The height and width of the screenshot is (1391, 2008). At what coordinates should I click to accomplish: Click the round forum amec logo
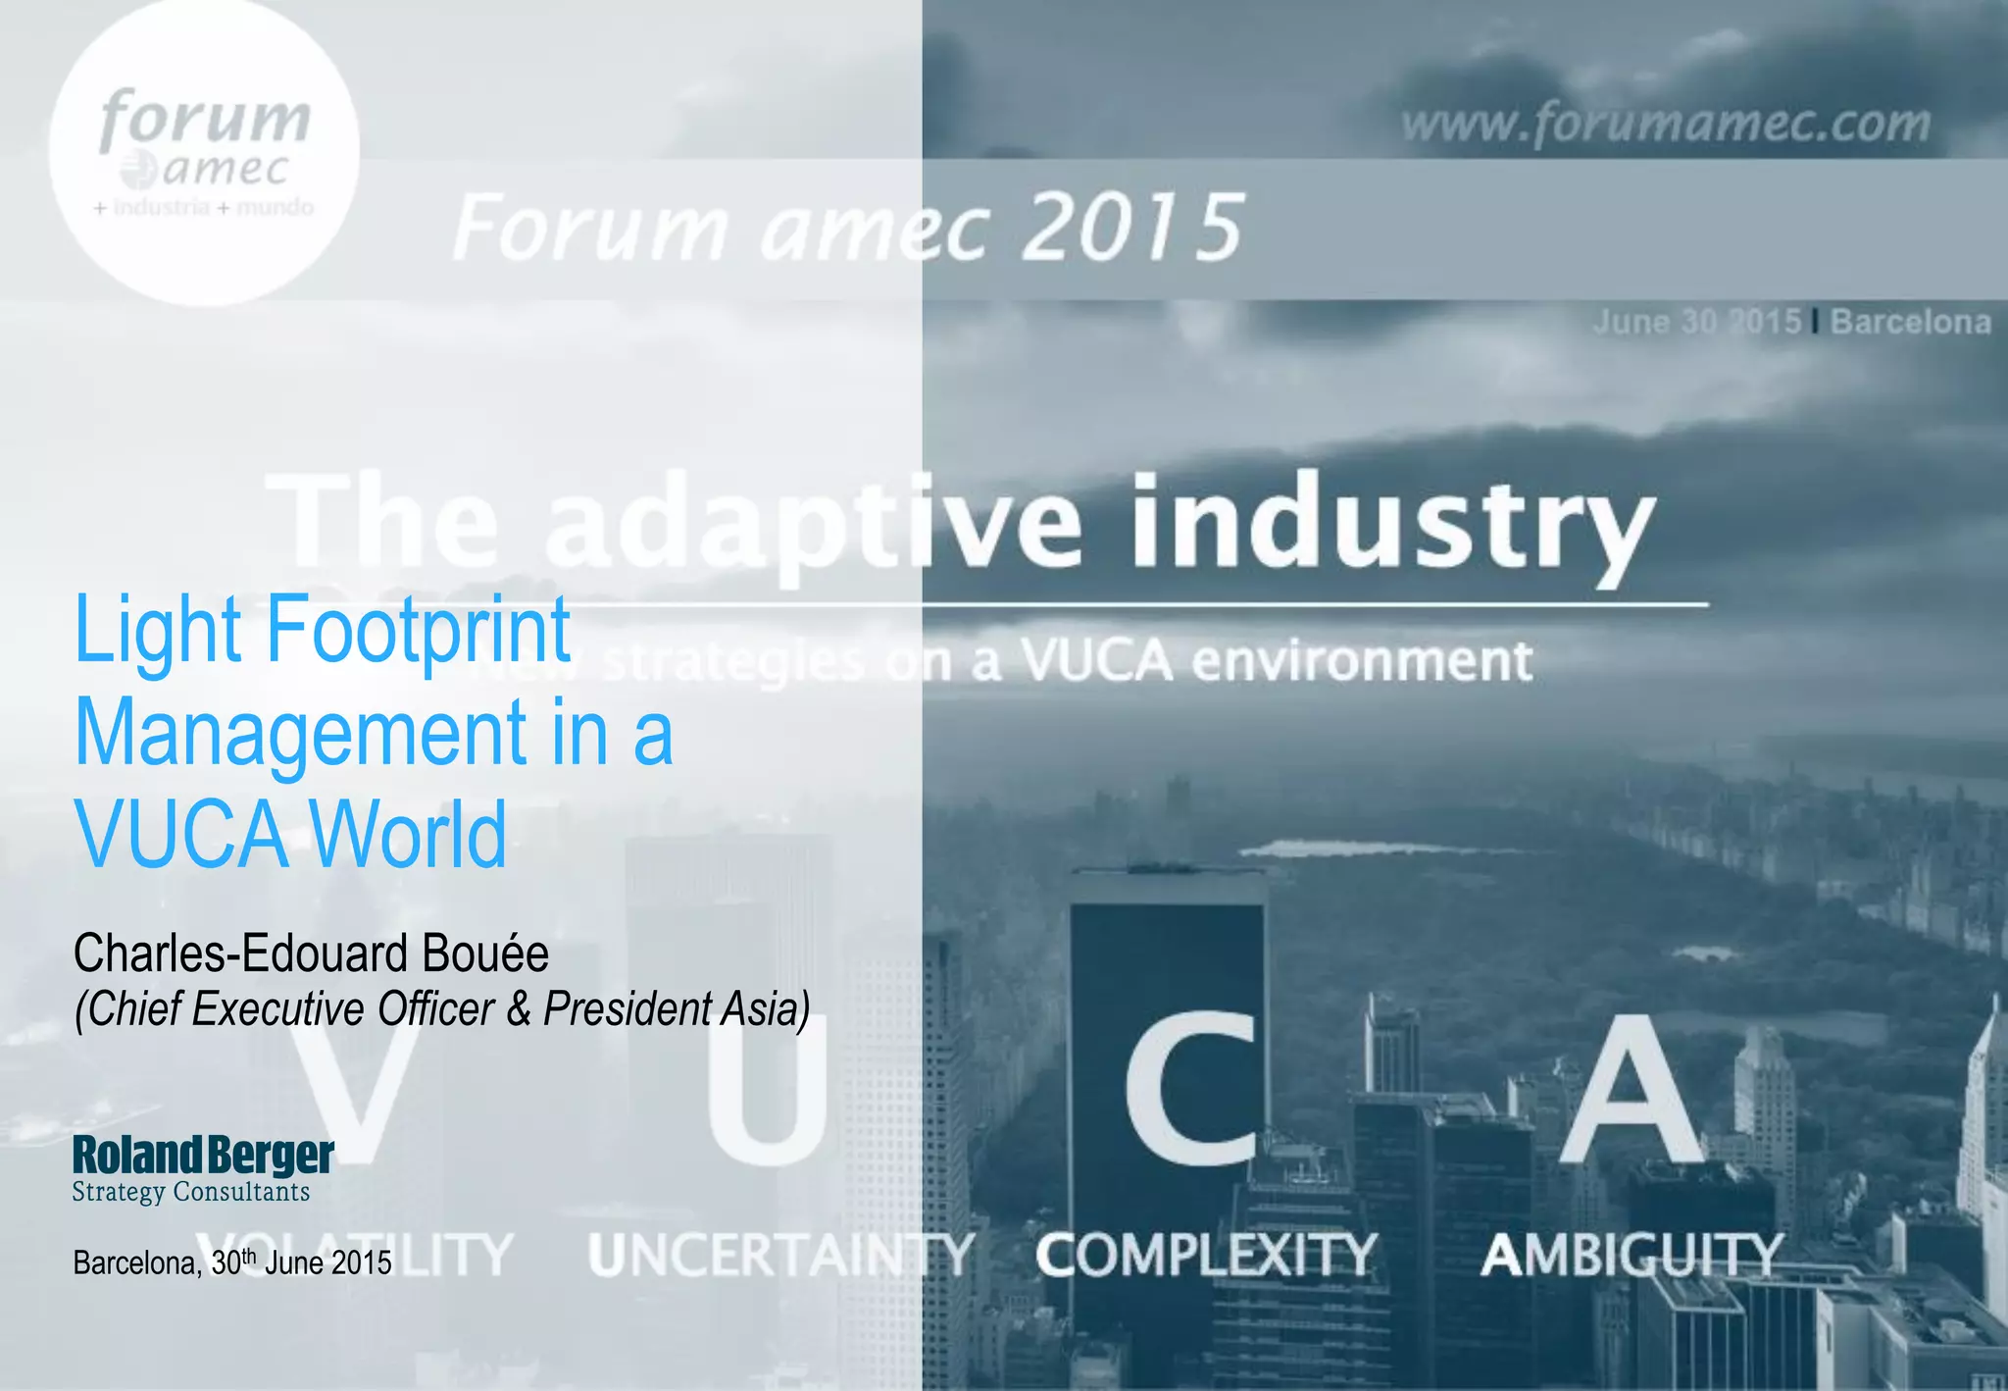(204, 152)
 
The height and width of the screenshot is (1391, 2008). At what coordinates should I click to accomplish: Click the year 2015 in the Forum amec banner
(1132, 228)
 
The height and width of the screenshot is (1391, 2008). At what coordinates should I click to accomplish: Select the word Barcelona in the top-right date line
(1910, 322)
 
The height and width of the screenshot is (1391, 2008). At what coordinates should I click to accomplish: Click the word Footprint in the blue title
(419, 630)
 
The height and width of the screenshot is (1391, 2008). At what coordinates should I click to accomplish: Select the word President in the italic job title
(628, 1008)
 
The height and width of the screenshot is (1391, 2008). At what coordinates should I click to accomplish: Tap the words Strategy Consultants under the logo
(191, 1192)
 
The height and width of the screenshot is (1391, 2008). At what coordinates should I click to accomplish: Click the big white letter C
(1192, 1089)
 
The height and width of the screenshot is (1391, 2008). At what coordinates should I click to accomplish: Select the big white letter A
(1629, 1089)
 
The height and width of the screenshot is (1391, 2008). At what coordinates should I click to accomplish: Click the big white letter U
(768, 1089)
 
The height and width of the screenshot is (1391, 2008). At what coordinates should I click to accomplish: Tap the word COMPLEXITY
(1206, 1255)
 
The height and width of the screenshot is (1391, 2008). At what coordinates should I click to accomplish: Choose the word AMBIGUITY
(1631, 1255)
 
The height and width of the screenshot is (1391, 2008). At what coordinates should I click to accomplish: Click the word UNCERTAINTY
(781, 1255)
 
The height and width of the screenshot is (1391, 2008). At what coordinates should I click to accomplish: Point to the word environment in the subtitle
(1362, 660)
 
